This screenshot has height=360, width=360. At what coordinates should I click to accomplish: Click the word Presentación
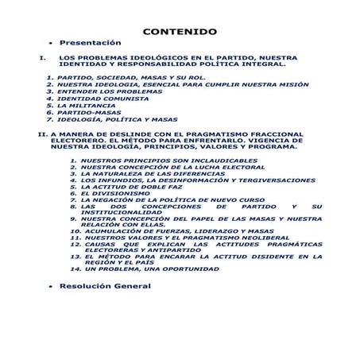click(91, 42)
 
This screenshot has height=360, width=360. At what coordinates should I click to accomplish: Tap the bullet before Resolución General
click(51, 285)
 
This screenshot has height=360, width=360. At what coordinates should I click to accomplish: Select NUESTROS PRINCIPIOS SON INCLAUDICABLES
click(158, 161)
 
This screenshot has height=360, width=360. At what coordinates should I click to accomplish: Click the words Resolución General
click(105, 285)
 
